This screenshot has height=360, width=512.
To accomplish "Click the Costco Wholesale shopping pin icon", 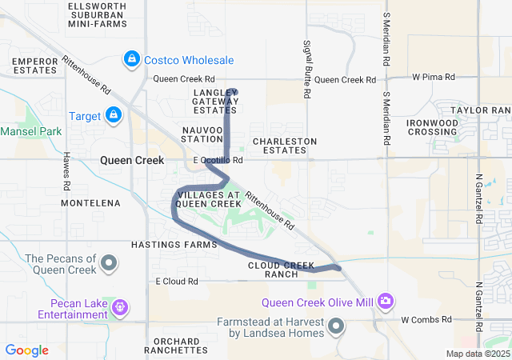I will (132, 59).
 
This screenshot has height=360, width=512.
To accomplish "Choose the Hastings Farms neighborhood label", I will (174, 244).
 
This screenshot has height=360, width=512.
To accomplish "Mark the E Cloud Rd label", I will (176, 282).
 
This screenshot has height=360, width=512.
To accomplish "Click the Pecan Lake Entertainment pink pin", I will (119, 306).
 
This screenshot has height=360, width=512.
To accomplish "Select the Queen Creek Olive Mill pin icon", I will (386, 301).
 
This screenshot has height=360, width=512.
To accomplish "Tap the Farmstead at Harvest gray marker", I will (336, 326).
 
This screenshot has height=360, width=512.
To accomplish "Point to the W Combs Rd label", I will (426, 319).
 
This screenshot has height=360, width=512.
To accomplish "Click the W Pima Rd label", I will (433, 78).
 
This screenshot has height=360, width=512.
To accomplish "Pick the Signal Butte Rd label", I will (306, 69).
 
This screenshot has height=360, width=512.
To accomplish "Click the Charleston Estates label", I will (284, 146).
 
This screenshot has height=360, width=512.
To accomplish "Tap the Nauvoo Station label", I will (202, 134).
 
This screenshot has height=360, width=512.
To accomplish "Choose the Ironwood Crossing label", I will (433, 126).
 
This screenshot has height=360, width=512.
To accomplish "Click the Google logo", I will (26, 350).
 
